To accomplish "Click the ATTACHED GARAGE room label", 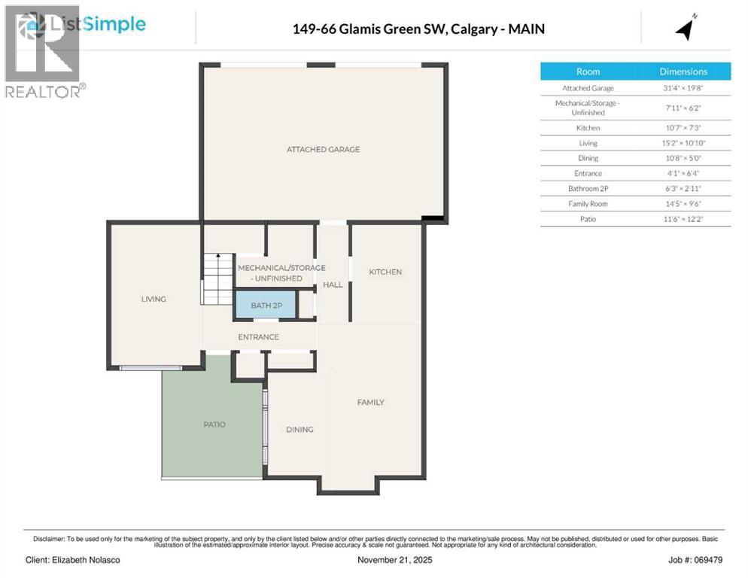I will (323, 149).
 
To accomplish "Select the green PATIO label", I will (214, 424).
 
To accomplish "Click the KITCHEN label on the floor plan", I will (385, 272).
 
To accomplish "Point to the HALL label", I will (333, 284).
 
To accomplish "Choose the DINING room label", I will (299, 429).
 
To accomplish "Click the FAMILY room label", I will (370, 403).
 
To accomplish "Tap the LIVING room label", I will (154, 299).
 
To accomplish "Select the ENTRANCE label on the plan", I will (258, 336).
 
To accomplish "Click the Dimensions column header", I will (683, 71).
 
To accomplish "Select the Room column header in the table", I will (588, 71).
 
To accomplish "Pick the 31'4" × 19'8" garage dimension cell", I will (683, 88).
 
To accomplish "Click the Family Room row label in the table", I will (588, 203).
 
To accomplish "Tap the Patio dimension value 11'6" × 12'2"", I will (683, 219).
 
